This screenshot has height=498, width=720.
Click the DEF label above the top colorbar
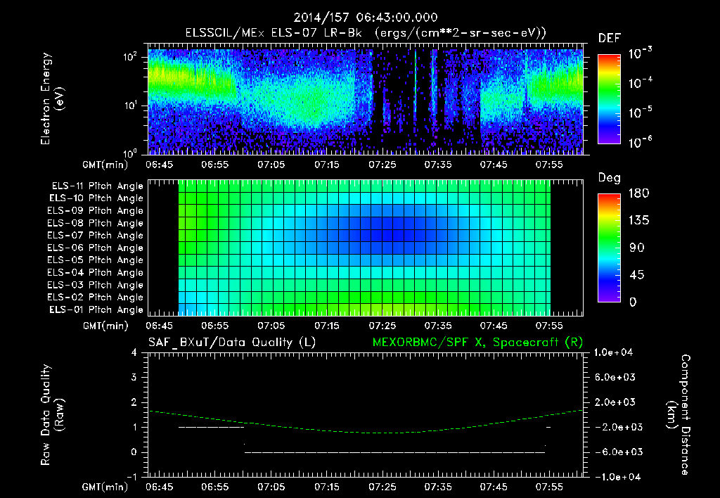tap(608, 38)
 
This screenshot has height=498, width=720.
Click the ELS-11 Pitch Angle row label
tap(96, 186)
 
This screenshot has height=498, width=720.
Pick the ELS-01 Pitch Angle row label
tap(96, 310)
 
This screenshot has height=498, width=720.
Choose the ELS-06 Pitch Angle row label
tap(96, 248)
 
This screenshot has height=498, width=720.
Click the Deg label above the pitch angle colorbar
tap(609, 179)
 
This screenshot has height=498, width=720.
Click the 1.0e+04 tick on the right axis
tap(616, 352)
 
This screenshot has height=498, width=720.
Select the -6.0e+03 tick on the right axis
tap(615, 452)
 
